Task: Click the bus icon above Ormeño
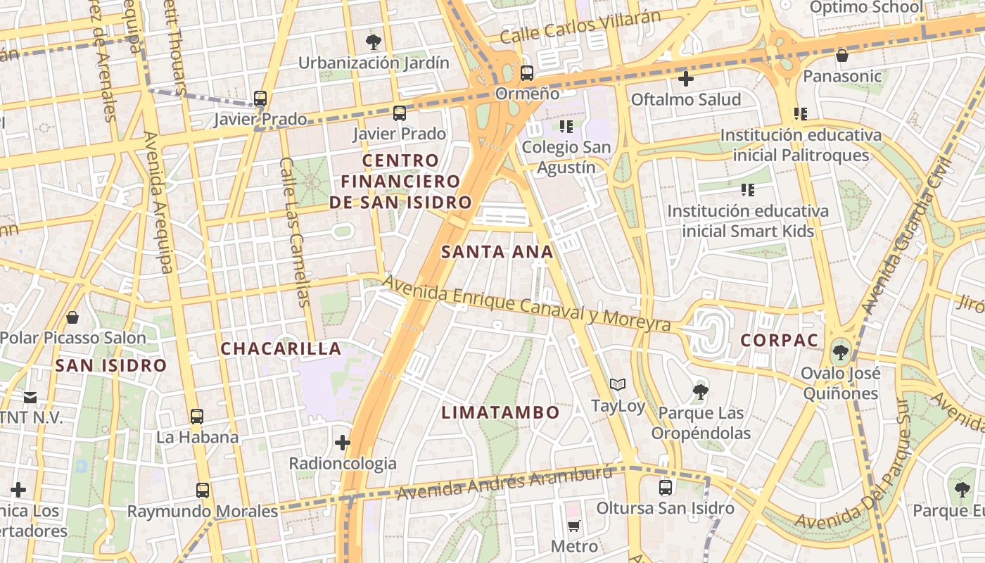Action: tap(526, 72)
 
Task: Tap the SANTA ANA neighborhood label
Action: tap(497, 252)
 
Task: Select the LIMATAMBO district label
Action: tap(500, 412)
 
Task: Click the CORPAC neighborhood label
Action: tap(780, 341)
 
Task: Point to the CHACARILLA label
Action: tap(281, 348)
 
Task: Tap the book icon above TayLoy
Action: tap(618, 385)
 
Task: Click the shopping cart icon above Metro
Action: tap(574, 526)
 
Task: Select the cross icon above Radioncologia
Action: tap(343, 443)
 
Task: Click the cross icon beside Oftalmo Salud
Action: tap(686, 79)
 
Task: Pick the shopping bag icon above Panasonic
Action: tap(841, 55)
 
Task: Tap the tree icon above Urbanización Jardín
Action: tap(374, 42)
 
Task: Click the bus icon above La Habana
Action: tap(197, 416)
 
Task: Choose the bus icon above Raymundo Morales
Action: tap(203, 490)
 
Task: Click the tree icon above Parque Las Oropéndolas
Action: tap(700, 391)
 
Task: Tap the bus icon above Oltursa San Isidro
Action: tap(665, 486)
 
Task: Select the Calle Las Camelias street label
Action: tap(294, 232)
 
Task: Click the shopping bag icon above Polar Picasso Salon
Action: tap(72, 317)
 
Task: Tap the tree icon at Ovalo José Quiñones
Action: tap(840, 351)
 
